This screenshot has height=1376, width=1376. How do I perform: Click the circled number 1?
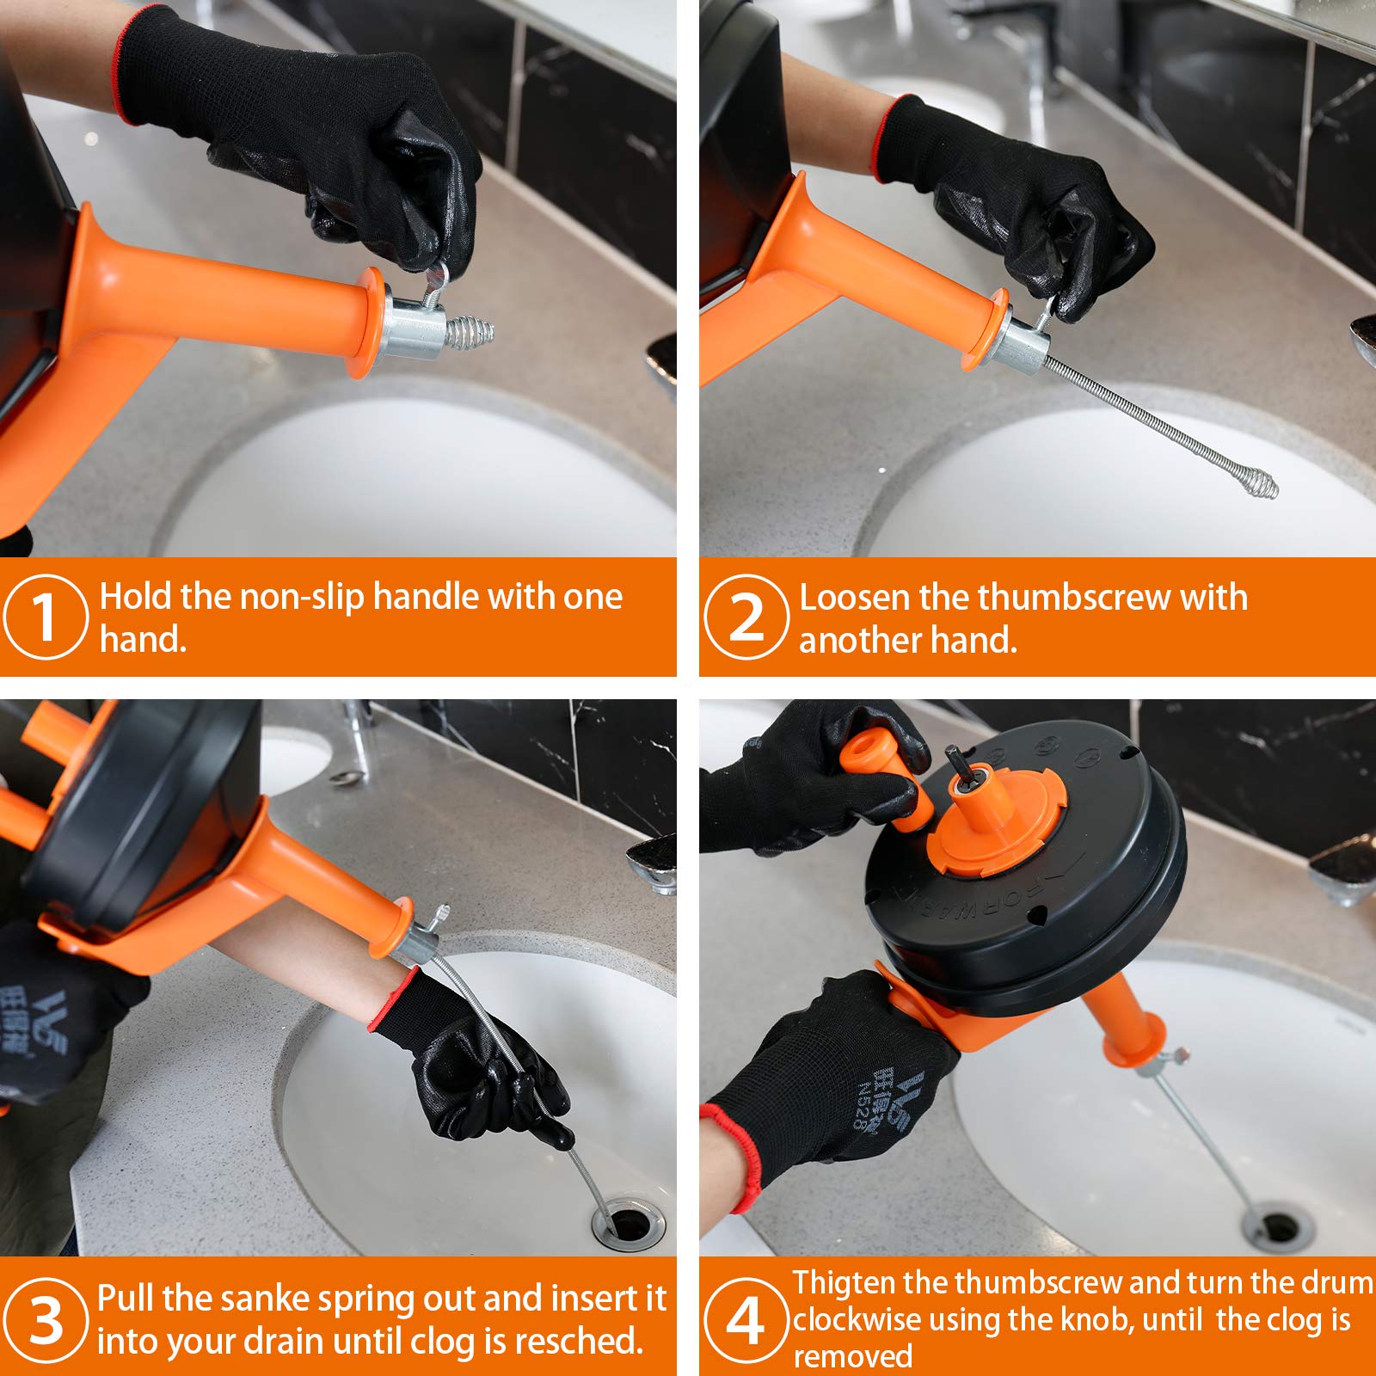pos(46,617)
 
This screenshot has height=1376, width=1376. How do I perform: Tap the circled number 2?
pos(746,617)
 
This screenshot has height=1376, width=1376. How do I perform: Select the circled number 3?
pos(46,1320)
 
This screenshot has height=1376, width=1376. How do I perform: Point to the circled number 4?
pos(746,1320)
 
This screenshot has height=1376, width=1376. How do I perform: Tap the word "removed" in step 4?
pos(852,1356)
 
